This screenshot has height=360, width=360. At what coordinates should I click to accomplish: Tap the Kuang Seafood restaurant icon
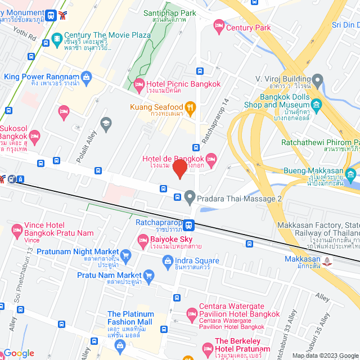[191, 107]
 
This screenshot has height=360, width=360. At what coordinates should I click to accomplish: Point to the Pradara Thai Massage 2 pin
[190, 197]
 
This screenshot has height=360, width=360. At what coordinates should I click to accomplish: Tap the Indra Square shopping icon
[167, 260]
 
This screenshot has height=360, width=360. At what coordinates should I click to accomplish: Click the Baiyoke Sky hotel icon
[143, 241]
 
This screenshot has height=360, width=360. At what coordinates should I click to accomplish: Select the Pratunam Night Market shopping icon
[126, 254]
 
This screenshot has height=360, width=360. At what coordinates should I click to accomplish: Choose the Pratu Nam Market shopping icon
[148, 276]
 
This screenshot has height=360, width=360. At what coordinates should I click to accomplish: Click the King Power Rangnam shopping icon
[86, 76]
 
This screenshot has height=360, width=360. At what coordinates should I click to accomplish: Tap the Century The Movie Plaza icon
[56, 38]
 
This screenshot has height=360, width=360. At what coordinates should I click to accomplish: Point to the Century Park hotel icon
[218, 26]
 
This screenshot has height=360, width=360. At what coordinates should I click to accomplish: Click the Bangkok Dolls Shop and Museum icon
[317, 105]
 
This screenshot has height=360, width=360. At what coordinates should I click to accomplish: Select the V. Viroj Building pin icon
[318, 79]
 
